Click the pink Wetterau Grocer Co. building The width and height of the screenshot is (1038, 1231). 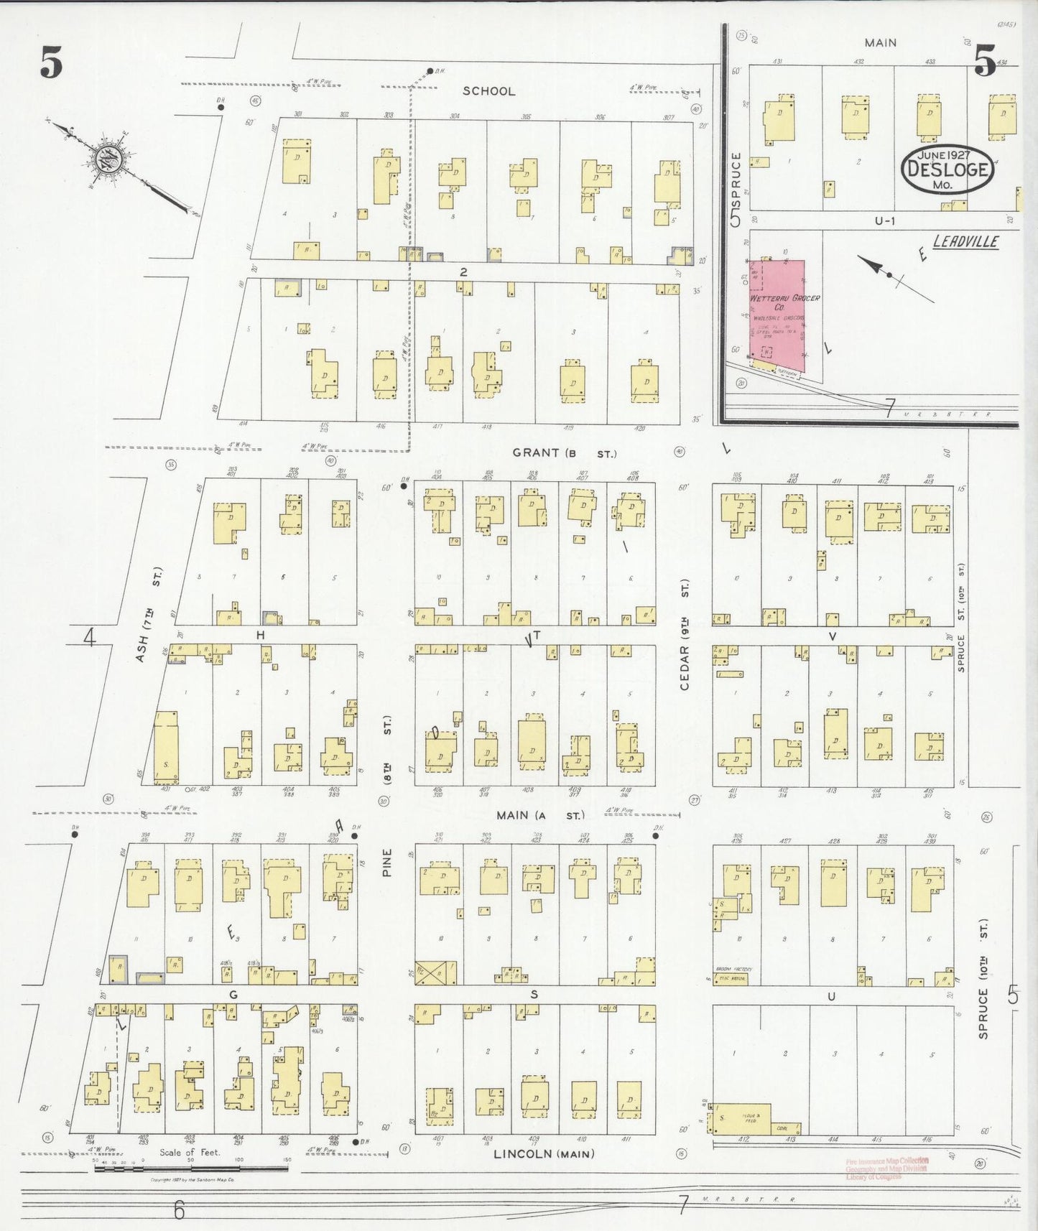(777, 316)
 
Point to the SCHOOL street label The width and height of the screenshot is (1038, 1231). (488, 91)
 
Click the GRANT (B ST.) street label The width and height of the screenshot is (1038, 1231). (564, 453)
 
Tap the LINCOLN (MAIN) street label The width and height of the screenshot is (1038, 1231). (544, 1153)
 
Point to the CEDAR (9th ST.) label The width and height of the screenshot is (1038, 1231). (685, 634)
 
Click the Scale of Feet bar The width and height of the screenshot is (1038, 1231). (191, 1169)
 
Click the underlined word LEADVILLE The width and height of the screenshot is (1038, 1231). (965, 241)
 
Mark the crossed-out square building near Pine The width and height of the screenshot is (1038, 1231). (435, 972)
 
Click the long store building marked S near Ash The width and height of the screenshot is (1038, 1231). (166, 746)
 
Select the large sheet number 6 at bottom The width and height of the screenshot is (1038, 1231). (178, 1211)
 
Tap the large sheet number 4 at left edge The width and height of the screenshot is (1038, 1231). (89, 636)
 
